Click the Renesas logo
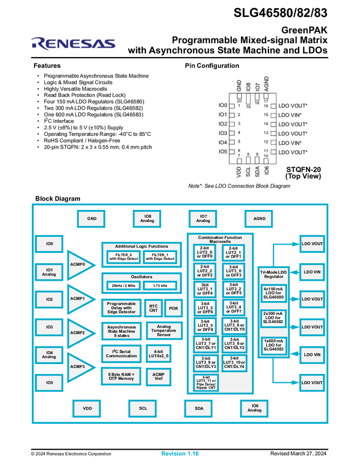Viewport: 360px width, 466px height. [73, 43]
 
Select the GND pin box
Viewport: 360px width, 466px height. [92, 219]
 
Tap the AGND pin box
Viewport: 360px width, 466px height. [259, 219]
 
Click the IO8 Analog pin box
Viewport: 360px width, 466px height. [148, 219]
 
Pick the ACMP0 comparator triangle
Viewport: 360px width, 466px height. [79, 265]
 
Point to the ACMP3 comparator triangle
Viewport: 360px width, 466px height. [79, 367]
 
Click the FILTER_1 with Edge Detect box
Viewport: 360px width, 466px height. [160, 257]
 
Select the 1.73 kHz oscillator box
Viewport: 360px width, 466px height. [160, 286]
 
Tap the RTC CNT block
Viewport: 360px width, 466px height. [152, 308]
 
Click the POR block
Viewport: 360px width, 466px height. [173, 308]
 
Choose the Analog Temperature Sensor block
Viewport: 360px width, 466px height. [164, 331]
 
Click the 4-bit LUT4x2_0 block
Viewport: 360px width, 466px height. [158, 354]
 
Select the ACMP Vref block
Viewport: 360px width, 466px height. [158, 377]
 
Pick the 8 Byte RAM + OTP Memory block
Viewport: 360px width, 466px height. [122, 377]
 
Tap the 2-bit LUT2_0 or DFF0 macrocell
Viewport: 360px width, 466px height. [204, 253]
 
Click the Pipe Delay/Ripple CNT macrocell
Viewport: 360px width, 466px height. [205, 383]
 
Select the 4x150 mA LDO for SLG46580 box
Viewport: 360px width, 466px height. [273, 292]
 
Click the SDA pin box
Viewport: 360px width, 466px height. [198, 408]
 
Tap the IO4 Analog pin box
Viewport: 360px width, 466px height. [49, 355]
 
